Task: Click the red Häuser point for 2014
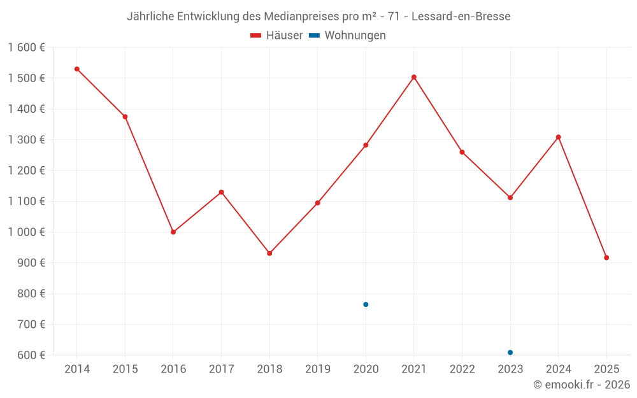tap(77, 69)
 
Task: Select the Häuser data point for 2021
tap(414, 77)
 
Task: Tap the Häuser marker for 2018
tap(269, 253)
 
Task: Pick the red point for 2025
tap(606, 258)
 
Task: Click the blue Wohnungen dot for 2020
tap(366, 304)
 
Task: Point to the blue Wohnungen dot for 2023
tap(510, 352)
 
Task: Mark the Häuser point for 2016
tap(173, 232)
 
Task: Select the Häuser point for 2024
tap(559, 137)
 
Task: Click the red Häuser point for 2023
tap(510, 197)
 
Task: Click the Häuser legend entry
tap(276, 36)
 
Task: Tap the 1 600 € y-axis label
tap(27, 48)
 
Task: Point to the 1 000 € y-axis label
tap(27, 232)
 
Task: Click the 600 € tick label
tap(32, 355)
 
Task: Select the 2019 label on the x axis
tap(318, 369)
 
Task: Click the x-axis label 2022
tap(462, 369)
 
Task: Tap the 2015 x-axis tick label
tap(125, 369)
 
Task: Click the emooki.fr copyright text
tap(582, 385)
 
